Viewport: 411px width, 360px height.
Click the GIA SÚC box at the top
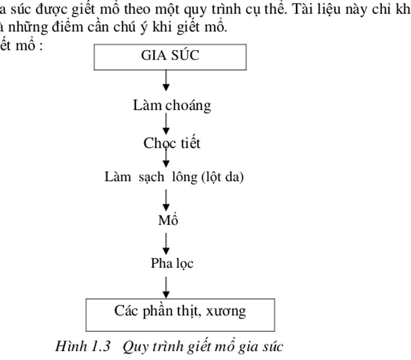click(170, 57)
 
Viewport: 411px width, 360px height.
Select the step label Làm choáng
click(172, 105)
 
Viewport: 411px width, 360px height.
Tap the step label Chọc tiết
click(172, 143)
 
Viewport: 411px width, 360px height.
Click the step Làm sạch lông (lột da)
click(174, 177)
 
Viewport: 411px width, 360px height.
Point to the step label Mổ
click(168, 220)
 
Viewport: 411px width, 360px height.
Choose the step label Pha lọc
click(172, 263)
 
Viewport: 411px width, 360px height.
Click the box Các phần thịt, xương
click(180, 315)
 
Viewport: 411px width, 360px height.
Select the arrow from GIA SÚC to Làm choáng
click(166, 80)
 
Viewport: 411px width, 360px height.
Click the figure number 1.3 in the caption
click(100, 347)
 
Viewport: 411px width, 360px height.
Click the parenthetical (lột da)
click(221, 178)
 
